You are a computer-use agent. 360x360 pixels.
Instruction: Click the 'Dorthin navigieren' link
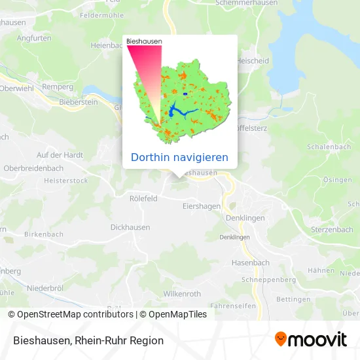179,157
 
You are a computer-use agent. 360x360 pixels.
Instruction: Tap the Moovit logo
310,340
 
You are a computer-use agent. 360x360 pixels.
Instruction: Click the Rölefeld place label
143,198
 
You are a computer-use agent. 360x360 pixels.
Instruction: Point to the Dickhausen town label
130,227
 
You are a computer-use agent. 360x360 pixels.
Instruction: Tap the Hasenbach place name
250,262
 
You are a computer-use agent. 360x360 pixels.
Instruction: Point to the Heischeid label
251,61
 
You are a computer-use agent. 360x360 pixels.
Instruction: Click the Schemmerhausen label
243,3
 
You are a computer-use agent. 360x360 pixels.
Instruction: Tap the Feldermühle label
102,14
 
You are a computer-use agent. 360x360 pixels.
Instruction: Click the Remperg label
58,86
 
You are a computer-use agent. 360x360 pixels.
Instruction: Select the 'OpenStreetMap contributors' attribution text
75,314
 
